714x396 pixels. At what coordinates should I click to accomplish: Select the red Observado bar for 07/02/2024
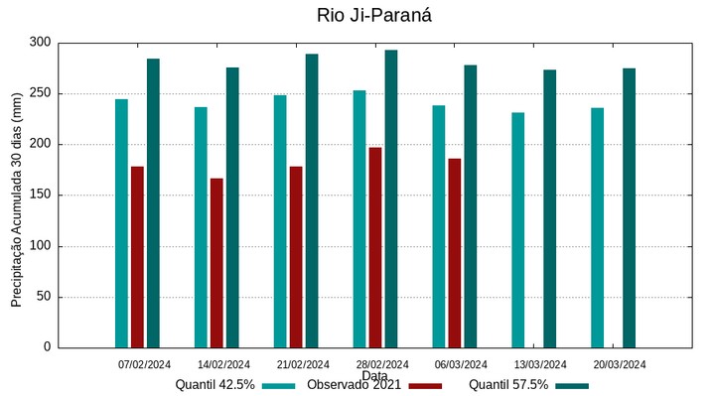point(137,257)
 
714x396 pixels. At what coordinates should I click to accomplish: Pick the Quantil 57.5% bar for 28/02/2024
point(391,198)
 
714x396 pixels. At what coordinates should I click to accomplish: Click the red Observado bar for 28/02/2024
point(375,247)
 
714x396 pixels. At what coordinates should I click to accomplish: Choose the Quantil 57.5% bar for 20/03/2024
point(629,207)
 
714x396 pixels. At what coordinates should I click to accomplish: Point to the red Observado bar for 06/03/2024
point(454,253)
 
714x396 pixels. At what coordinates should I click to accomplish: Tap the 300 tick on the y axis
point(40,43)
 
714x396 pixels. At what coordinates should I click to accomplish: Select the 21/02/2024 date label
point(303,364)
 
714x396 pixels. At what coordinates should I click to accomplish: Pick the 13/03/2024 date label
point(541,364)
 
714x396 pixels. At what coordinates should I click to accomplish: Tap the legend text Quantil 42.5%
point(215,385)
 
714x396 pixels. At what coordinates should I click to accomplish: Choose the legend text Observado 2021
point(354,385)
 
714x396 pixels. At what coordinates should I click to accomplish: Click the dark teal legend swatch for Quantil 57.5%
point(571,385)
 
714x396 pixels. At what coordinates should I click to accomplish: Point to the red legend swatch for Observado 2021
point(425,385)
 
